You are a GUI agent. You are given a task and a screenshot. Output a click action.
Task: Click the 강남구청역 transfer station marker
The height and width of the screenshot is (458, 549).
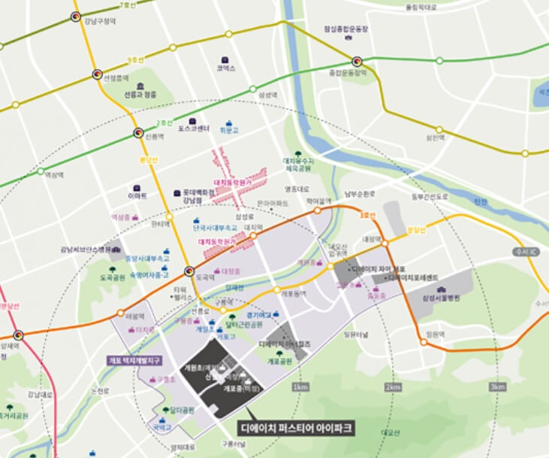point(76,16)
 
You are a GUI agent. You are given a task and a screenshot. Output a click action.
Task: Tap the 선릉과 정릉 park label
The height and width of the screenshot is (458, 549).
point(140,95)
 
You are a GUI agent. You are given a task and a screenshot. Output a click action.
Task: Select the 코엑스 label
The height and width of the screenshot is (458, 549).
point(226,68)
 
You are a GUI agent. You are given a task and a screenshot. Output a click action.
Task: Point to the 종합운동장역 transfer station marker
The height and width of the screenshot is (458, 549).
point(357,61)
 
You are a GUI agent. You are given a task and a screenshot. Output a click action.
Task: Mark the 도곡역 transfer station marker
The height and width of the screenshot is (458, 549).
point(189,272)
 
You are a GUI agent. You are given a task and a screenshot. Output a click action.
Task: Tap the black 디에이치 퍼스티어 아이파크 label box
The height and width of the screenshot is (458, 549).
point(296,428)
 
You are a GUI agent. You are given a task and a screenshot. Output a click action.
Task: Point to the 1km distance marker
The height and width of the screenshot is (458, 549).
point(300,387)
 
